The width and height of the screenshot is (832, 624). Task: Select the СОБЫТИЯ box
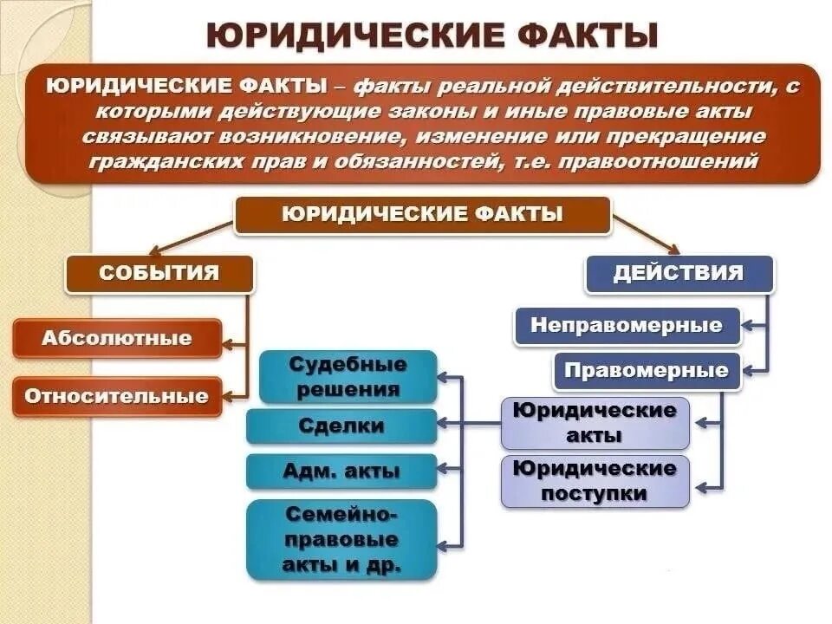[x=159, y=274]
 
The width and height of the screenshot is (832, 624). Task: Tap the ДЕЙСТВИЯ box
[x=679, y=273]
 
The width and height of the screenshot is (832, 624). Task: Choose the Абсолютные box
[x=117, y=338]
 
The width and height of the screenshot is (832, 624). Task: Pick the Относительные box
[x=117, y=397]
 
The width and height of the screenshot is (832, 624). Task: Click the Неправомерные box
[x=627, y=326]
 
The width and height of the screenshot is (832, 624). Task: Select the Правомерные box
[x=647, y=371]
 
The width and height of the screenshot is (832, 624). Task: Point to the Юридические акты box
[x=595, y=423]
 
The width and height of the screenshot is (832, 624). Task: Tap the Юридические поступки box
[x=595, y=481]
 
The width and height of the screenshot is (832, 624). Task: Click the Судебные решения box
[x=348, y=377]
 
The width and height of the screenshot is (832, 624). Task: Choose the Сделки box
[x=341, y=426]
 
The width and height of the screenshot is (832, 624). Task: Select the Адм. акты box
[x=341, y=471]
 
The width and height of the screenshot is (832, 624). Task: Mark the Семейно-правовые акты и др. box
[x=341, y=539]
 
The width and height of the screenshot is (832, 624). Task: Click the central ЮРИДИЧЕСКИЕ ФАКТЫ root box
[x=422, y=215]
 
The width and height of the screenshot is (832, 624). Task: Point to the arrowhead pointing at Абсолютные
[x=227, y=344]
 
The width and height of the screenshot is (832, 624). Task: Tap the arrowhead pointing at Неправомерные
[x=748, y=327]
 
